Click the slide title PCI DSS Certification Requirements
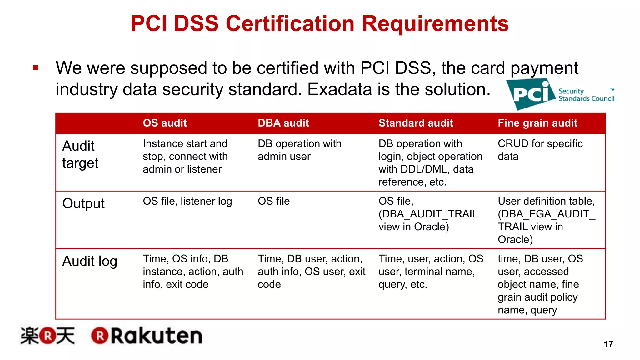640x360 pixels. (319, 24)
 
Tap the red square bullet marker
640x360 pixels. (36, 67)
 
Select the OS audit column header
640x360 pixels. (165, 123)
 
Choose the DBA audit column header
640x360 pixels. (283, 123)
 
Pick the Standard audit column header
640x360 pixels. (416, 123)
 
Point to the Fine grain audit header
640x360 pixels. (537, 123)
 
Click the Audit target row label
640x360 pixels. (80, 154)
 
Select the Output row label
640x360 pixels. (83, 203)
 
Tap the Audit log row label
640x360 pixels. (90, 261)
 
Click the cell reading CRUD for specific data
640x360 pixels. (540, 150)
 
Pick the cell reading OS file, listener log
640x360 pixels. (187, 201)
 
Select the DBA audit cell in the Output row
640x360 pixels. (274, 201)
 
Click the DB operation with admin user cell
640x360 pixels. (299, 150)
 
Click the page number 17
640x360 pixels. (608, 344)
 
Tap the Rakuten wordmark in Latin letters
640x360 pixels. (147, 336)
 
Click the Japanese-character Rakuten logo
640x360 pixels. (47, 336)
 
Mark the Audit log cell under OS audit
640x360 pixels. (193, 272)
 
